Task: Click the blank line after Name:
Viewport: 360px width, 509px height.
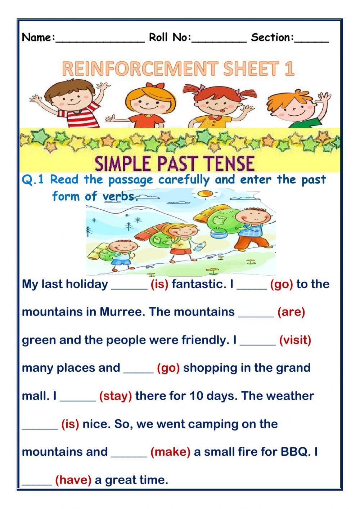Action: [100, 39]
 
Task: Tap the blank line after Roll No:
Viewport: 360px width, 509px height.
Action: [219, 39]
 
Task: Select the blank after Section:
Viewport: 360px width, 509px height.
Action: [311, 39]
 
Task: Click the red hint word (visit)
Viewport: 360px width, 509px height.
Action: [295, 340]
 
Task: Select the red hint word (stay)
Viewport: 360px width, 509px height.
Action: [116, 396]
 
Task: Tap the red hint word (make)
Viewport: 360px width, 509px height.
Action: [170, 452]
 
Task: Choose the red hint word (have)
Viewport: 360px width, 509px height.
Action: [73, 480]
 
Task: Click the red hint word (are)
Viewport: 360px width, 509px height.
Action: [291, 312]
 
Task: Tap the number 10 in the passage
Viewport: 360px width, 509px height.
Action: [196, 396]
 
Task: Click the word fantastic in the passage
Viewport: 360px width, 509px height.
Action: [199, 284]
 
